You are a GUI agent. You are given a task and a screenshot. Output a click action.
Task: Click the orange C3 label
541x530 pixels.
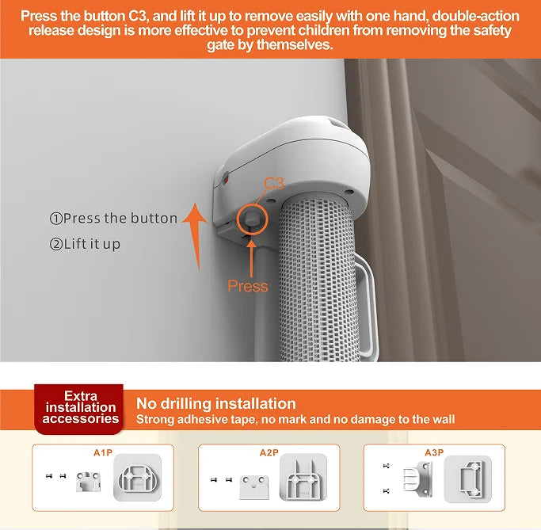[273, 184]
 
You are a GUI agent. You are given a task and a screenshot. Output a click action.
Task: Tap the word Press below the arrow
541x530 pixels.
[248, 286]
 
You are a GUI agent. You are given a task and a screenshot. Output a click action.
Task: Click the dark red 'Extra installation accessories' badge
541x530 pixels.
[80, 406]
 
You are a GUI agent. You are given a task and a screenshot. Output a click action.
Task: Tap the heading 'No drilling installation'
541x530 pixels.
[216, 403]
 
